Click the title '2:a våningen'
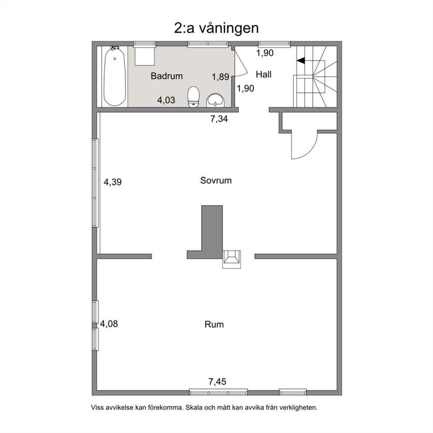click(216, 28)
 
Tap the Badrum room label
click(166, 76)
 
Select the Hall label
click(264, 74)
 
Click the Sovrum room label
click(216, 180)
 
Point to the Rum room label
click(214, 324)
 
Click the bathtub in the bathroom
click(115, 76)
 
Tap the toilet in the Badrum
click(193, 96)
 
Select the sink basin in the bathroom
click(215, 100)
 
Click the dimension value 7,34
click(219, 119)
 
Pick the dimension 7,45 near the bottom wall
click(217, 381)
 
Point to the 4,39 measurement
click(112, 182)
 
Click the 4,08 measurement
click(109, 323)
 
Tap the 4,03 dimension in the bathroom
click(166, 100)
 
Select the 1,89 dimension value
click(220, 77)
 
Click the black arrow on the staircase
click(301, 60)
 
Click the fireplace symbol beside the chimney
click(232, 259)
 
